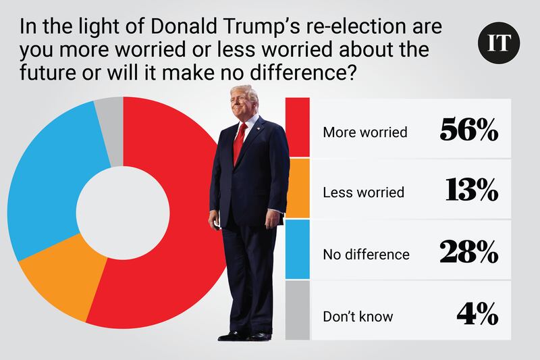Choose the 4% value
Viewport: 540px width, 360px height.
tap(477, 315)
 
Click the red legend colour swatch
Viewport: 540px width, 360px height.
tap(298, 128)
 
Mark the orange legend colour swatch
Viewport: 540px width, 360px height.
tap(298, 188)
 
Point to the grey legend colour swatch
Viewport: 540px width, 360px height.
tap(298, 311)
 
